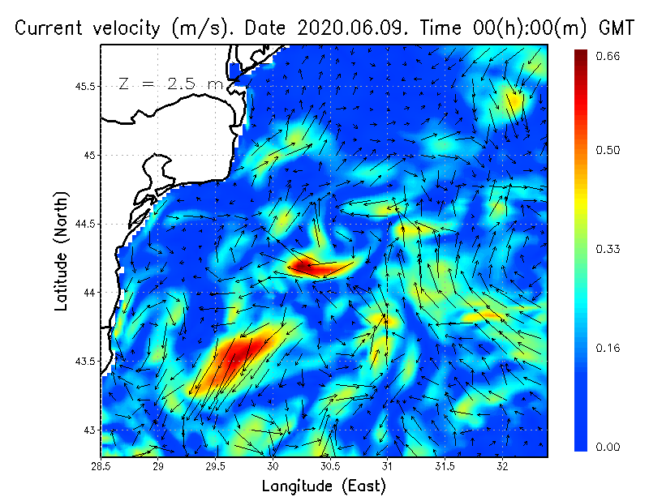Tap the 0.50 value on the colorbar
click(608, 150)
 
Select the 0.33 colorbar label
click(608, 249)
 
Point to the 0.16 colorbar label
click(608, 349)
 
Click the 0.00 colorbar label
click(608, 447)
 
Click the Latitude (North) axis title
click(62, 250)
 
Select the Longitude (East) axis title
click(324, 486)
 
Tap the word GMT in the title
click(616, 28)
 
